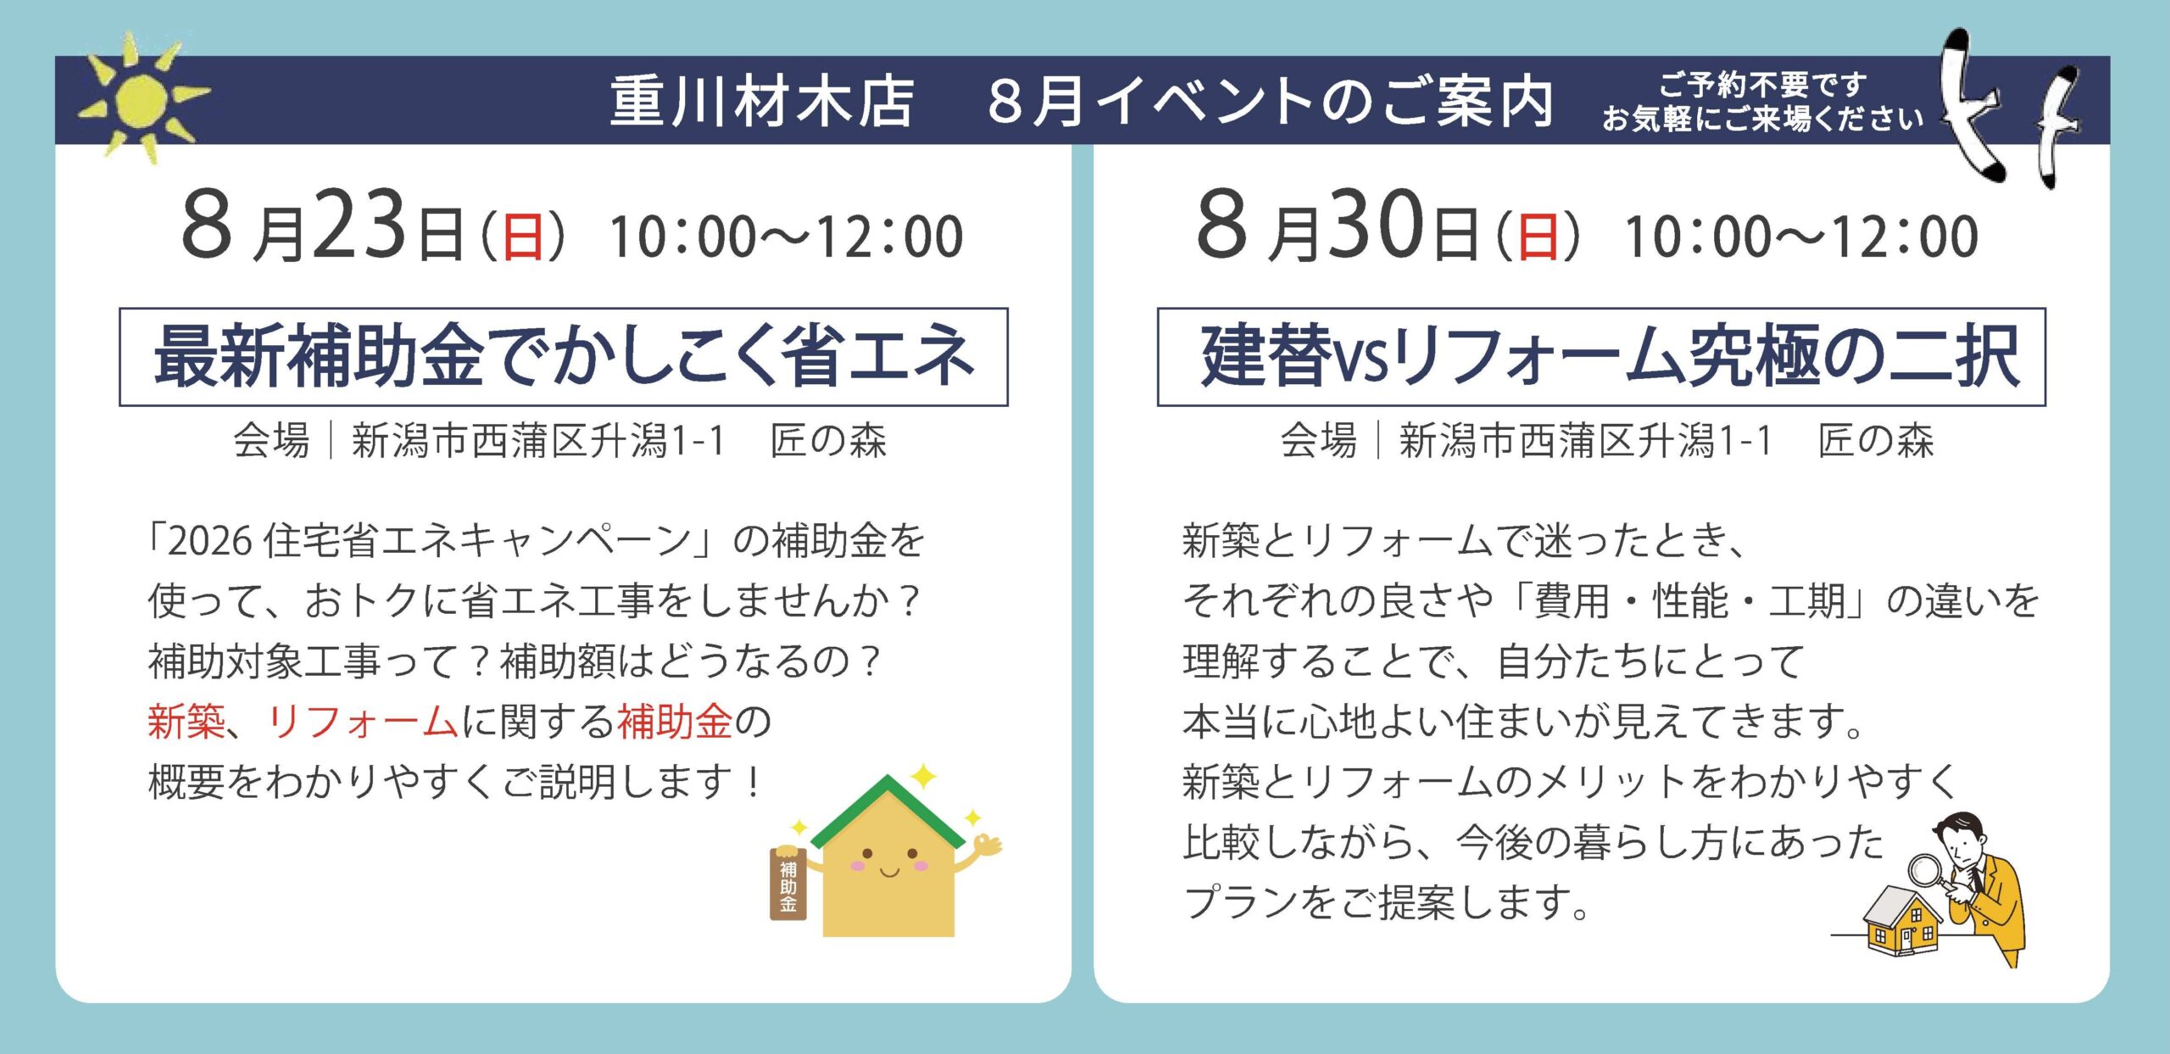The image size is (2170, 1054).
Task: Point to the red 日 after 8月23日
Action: click(522, 237)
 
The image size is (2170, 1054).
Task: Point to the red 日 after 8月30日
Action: click(1538, 237)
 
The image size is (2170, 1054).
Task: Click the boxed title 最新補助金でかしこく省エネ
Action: click(564, 357)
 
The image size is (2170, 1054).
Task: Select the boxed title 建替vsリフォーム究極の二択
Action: click(1601, 357)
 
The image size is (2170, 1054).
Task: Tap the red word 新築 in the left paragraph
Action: click(186, 722)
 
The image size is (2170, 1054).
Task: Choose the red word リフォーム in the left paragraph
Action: click(363, 722)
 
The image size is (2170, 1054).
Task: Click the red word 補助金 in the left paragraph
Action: click(675, 722)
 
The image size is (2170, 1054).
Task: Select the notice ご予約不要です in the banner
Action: click(1763, 84)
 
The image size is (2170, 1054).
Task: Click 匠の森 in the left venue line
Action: click(828, 441)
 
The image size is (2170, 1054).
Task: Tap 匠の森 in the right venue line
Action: click(1876, 441)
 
